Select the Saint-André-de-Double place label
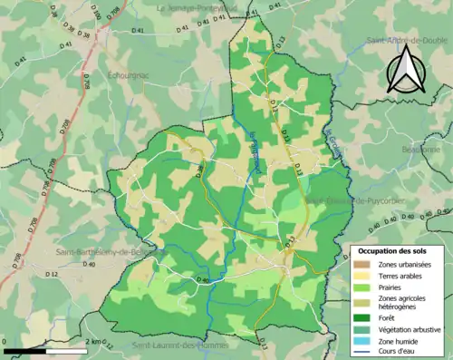point(403,40)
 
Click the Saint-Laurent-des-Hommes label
point(178,345)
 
